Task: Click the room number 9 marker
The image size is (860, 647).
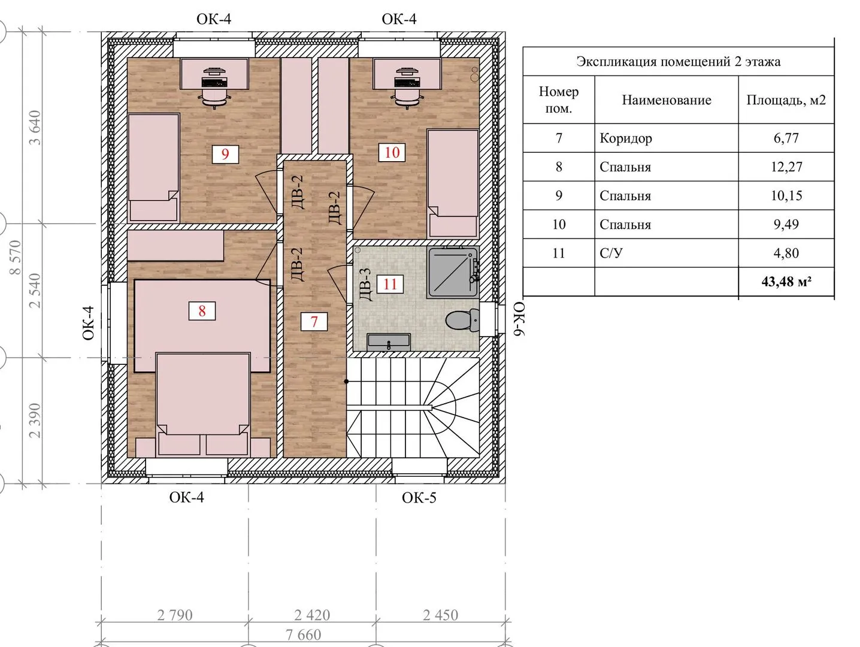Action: click(x=225, y=154)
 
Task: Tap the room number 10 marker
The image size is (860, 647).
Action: click(x=392, y=152)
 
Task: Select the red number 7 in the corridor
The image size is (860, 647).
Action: click(x=314, y=321)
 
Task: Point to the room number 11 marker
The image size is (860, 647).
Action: click(x=390, y=284)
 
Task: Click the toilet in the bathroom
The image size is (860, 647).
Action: click(x=463, y=319)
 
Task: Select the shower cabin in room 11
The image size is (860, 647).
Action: click(x=453, y=273)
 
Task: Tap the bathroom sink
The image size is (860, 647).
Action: click(x=389, y=342)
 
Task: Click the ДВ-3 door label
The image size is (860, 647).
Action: click(x=365, y=284)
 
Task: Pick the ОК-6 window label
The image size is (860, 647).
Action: click(x=519, y=319)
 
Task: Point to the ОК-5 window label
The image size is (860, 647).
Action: click(x=419, y=498)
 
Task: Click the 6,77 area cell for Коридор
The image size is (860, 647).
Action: click(x=786, y=138)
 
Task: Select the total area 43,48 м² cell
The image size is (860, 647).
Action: click(x=786, y=282)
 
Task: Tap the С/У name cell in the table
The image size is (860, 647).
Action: click(x=611, y=253)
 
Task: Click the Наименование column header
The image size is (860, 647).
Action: click(x=667, y=100)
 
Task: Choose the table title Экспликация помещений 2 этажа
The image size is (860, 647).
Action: click(x=678, y=62)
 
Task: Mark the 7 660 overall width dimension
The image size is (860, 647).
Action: click(x=303, y=634)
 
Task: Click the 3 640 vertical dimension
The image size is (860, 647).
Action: click(x=35, y=128)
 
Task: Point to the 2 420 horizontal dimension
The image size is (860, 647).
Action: click(x=312, y=615)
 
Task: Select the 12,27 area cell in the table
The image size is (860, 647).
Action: click(x=786, y=167)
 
